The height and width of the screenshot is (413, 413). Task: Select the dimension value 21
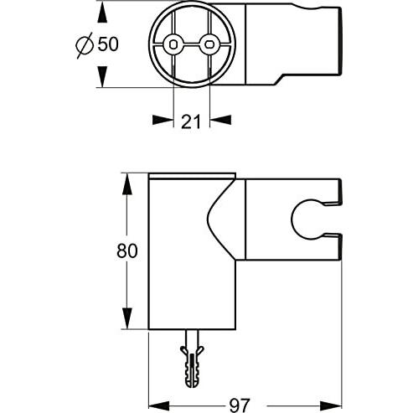coord(190,122)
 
